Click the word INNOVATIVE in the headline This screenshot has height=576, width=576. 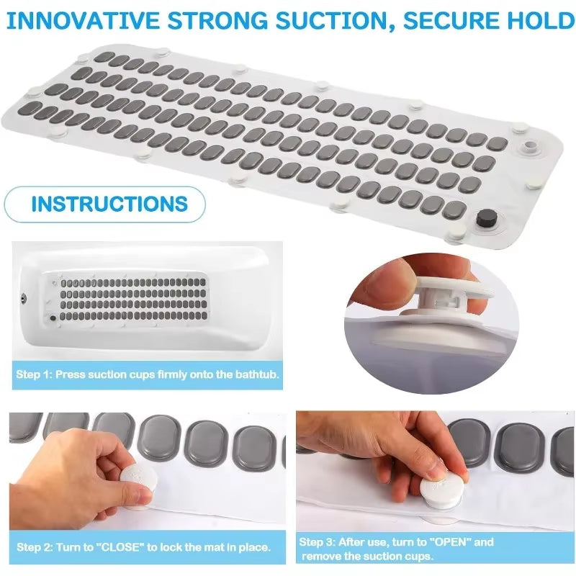tap(83, 21)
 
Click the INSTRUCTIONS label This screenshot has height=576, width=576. tap(109, 204)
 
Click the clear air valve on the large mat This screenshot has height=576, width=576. tap(529, 145)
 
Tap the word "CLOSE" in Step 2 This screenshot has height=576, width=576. tap(120, 547)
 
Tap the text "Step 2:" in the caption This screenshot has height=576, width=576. tap(34, 547)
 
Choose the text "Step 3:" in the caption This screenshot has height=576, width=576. tap(317, 542)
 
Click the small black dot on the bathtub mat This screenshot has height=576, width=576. tap(53, 318)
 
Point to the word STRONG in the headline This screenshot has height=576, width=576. tap(217, 21)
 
